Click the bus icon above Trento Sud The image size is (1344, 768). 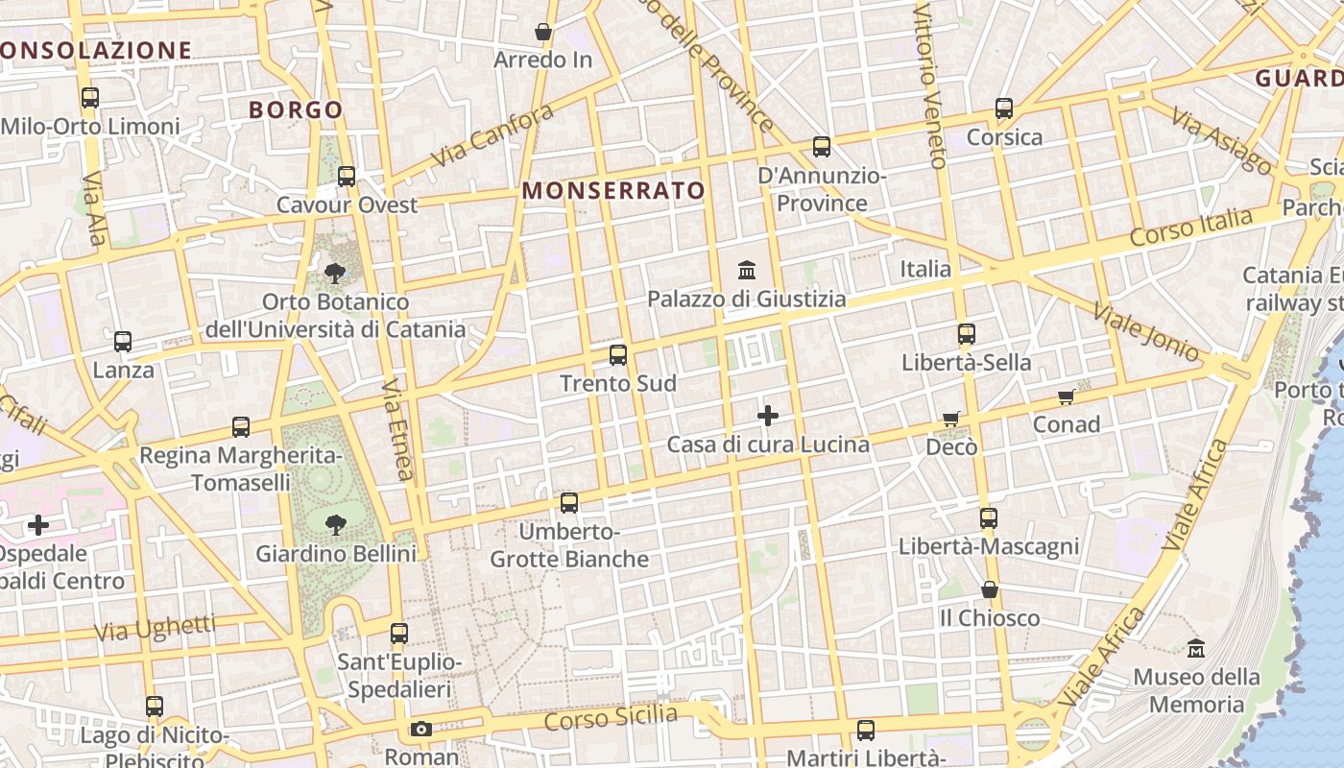[x=618, y=355]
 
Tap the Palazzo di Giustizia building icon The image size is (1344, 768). [x=747, y=271]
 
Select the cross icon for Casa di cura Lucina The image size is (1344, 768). [x=767, y=416]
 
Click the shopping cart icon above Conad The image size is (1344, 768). [x=1066, y=396]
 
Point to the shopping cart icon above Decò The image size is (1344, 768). [x=951, y=419]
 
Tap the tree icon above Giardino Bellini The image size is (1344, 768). [x=335, y=524]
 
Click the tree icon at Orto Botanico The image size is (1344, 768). [x=335, y=274]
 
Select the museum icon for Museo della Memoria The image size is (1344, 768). [x=1195, y=649]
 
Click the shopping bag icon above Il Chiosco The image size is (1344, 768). [x=989, y=589]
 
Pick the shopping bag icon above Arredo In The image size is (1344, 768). [x=543, y=33]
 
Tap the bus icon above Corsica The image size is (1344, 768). [x=1004, y=108]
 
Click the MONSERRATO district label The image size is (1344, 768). [x=613, y=191]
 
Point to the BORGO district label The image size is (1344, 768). [x=296, y=109]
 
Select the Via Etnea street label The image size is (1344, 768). [x=397, y=428]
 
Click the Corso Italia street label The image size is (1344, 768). [x=1191, y=228]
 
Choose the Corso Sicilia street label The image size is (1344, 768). [x=611, y=717]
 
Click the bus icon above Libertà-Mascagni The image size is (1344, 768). [x=989, y=518]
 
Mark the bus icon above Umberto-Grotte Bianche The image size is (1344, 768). [x=569, y=503]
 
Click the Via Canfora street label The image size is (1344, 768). [x=492, y=135]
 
